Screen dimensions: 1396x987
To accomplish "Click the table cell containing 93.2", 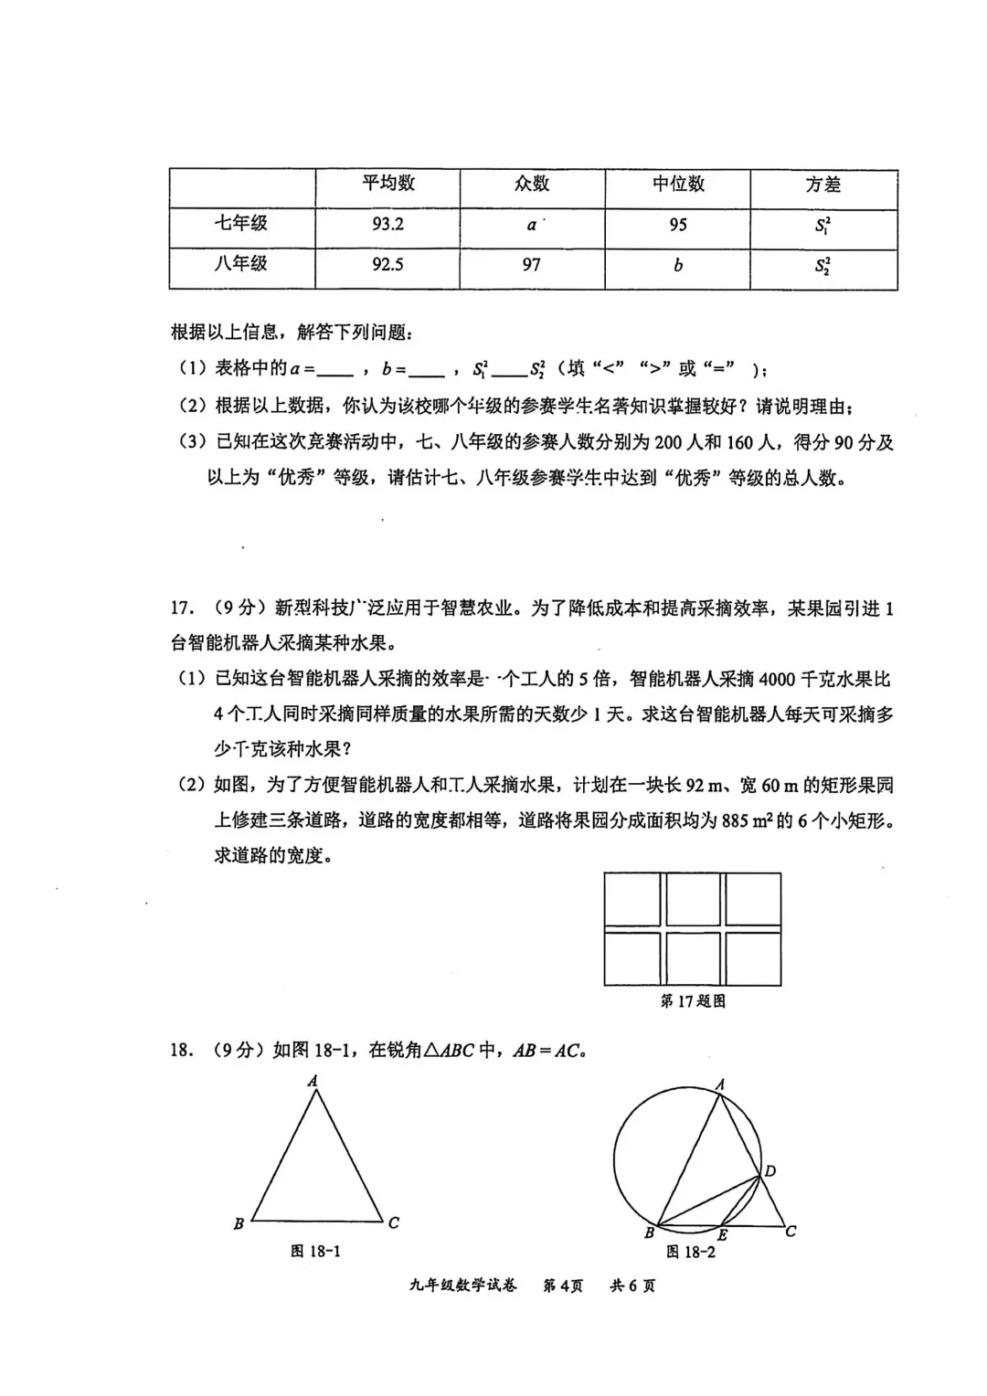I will coord(387,225).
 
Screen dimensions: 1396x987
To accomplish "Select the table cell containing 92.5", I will coord(387,265).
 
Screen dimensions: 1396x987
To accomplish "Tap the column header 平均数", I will coord(387,184).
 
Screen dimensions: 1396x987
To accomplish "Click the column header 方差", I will coord(822,185).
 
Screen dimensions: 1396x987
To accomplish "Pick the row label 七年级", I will coord(241,224).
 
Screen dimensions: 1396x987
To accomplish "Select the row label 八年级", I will coord(241,264).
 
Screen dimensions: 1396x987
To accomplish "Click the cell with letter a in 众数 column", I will coord(531,225).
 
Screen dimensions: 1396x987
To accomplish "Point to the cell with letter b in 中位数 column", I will coord(677,266).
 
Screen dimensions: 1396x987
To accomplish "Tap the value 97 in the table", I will coord(531,265).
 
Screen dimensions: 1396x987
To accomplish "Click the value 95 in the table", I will coord(677,225).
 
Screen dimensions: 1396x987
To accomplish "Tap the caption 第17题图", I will coord(693,1001).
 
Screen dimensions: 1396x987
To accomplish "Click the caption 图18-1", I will coord(315,1251).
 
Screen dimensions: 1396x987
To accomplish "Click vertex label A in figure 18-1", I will coord(313,1081).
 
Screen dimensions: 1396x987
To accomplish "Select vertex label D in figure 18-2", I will coord(770,1171).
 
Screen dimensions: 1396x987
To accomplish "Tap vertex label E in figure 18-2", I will coord(722,1235).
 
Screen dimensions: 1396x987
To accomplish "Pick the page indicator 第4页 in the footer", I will coord(563,1285).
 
